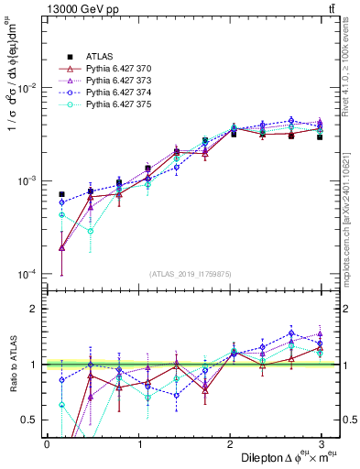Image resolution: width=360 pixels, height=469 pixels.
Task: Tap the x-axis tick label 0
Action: [47, 443]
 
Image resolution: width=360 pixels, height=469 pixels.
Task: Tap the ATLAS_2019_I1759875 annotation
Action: [191, 272]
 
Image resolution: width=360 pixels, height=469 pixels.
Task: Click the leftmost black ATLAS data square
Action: [61, 194]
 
